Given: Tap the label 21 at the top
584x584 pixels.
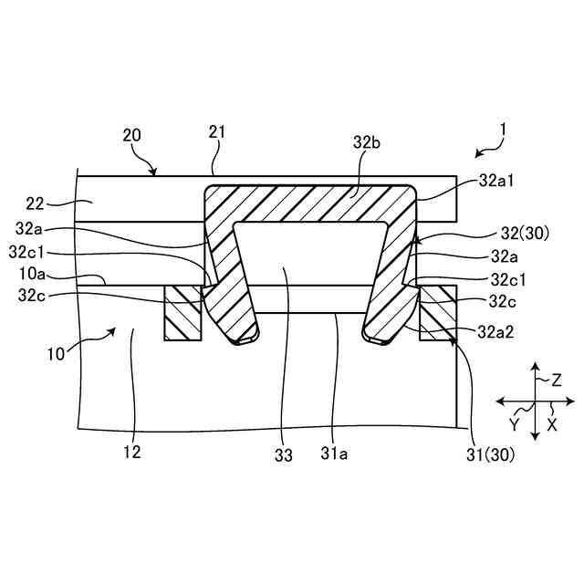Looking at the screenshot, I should click(x=216, y=133).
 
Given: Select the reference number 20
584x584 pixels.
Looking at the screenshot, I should click(x=132, y=135).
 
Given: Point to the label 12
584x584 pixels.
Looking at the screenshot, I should click(x=132, y=451).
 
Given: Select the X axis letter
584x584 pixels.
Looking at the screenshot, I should click(x=552, y=424).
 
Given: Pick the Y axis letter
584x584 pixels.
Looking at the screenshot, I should click(x=515, y=425).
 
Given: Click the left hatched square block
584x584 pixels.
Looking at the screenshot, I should click(x=182, y=313).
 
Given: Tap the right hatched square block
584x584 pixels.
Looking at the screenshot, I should click(x=437, y=313).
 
